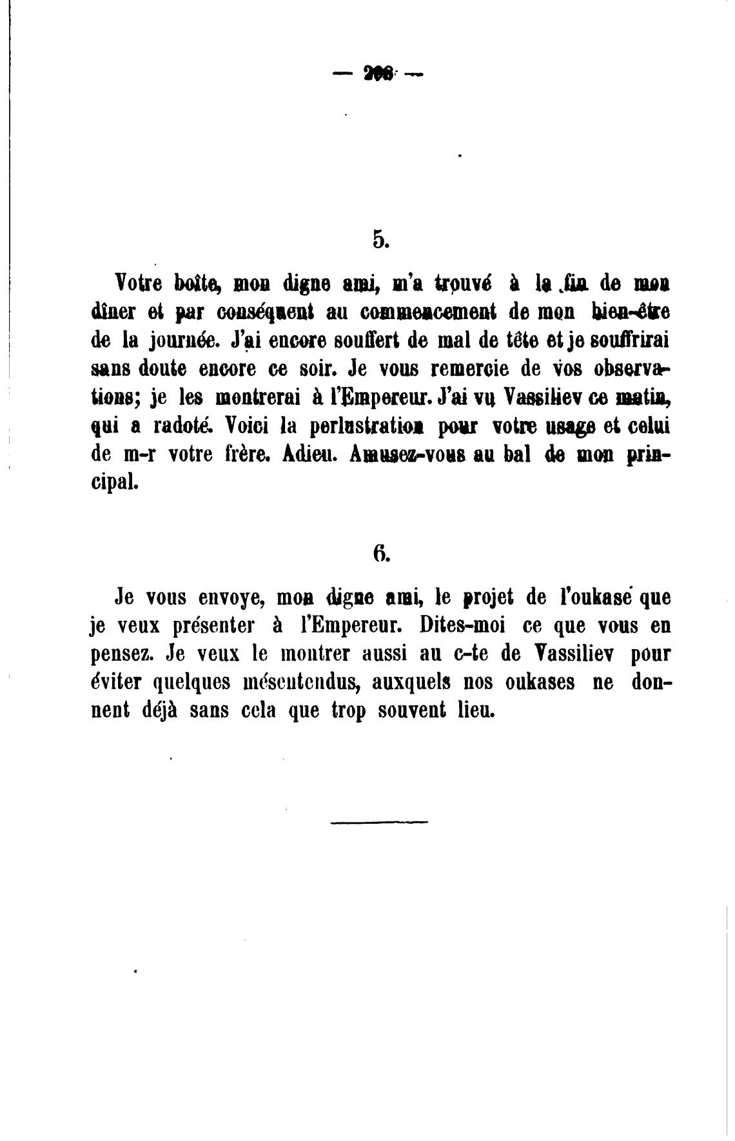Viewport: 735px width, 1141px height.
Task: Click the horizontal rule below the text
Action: tap(378, 821)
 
